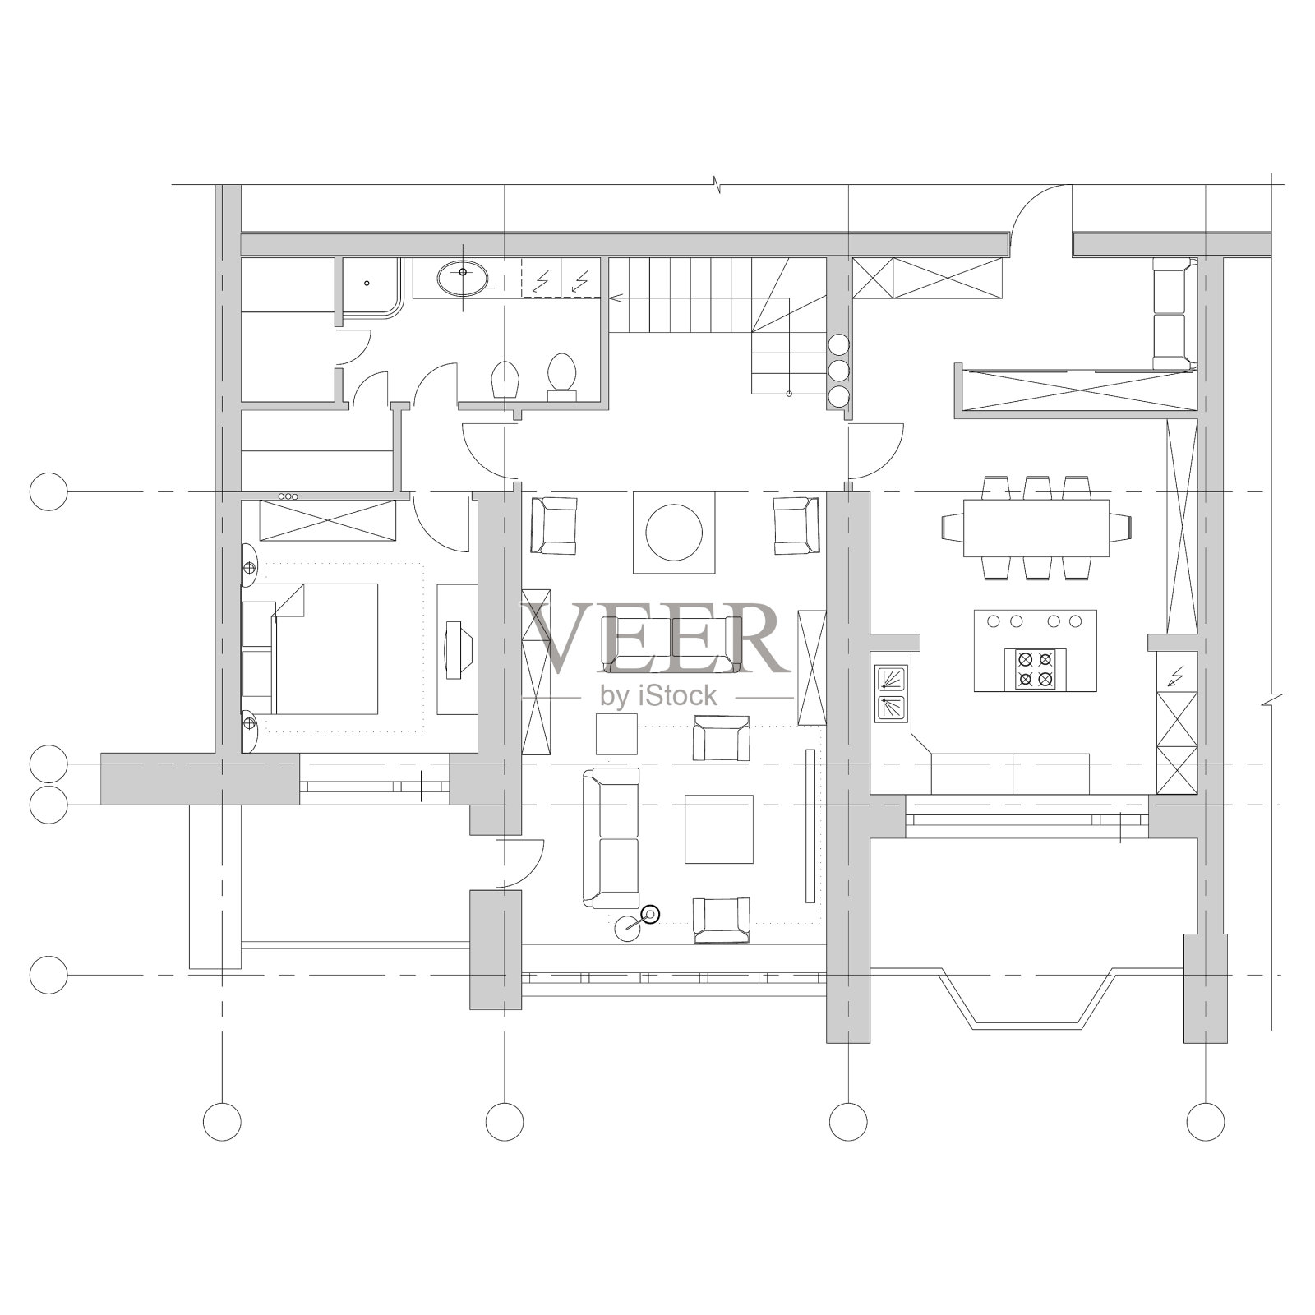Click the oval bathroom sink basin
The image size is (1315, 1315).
[x=463, y=279]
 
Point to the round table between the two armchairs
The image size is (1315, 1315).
[x=674, y=532]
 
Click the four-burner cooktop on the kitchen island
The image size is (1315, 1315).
[x=1035, y=669]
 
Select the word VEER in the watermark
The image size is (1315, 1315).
[x=650, y=638]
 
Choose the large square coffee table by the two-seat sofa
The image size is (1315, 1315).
[x=719, y=829]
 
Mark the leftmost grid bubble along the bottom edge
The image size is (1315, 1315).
[x=222, y=1121]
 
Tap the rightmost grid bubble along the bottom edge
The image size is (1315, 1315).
[x=1206, y=1121]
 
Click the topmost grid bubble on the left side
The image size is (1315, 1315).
[x=48, y=491]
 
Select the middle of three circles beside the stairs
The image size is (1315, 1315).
[x=838, y=371]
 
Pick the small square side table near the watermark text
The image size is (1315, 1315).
[x=616, y=734]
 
